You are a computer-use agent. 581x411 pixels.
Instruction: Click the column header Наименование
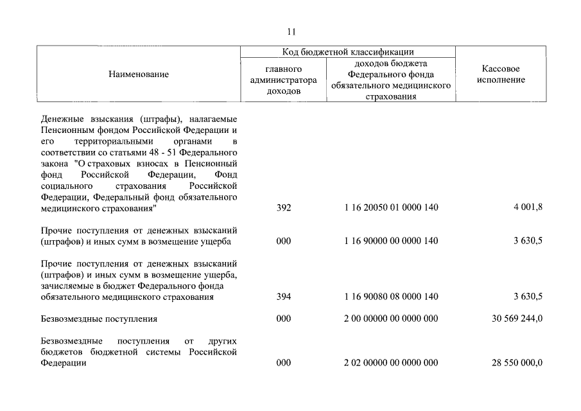coord(139,74)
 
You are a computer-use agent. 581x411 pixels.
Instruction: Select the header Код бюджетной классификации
coord(348,52)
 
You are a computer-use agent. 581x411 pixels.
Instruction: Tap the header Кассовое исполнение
coord(501,74)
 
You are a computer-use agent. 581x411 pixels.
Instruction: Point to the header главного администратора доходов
coord(283,80)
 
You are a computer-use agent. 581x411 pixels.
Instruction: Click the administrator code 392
coord(283,208)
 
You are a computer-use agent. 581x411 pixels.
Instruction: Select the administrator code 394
coord(283,297)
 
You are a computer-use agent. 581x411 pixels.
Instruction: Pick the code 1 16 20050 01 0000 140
coord(391,208)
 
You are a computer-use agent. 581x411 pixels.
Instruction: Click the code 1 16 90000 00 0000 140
coord(391,241)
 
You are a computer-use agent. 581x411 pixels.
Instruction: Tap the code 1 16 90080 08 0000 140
coord(391,297)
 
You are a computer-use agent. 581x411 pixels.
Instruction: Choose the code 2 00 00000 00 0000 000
coord(391,319)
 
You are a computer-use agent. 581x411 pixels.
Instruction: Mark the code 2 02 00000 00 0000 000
coord(391,363)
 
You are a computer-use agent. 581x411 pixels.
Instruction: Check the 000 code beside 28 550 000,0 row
coord(283,363)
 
